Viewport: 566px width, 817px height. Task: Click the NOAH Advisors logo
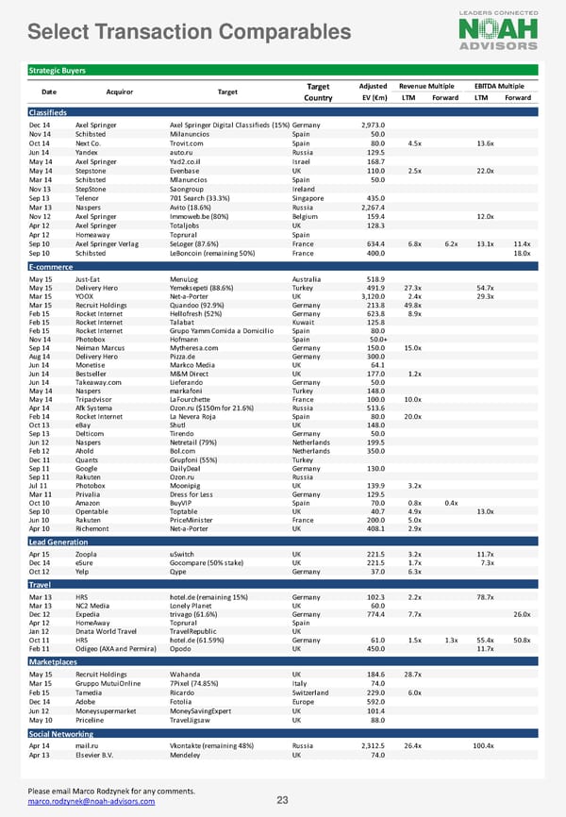[498, 29]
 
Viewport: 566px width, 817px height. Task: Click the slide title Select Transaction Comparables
[191, 33]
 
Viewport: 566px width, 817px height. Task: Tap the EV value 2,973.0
[375, 125]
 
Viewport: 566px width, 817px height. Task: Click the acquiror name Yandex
[89, 151]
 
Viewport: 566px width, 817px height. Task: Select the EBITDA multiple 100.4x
[483, 745]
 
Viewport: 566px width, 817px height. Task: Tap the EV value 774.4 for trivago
[376, 613]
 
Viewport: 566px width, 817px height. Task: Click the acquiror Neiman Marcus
[102, 348]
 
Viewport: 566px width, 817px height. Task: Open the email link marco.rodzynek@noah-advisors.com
[92, 802]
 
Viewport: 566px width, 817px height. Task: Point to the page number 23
[282, 801]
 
